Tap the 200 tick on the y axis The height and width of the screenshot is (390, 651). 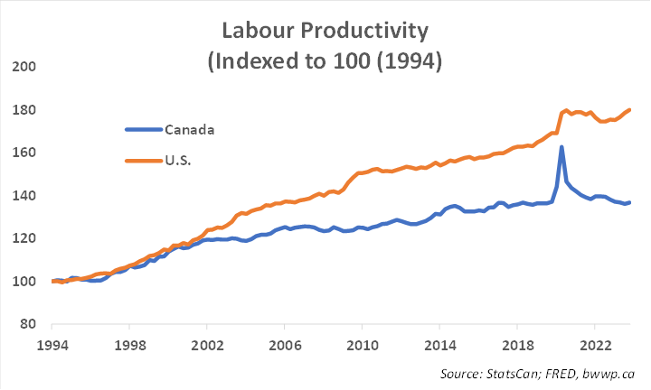click(x=24, y=67)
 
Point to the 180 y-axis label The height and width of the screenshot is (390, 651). click(x=24, y=110)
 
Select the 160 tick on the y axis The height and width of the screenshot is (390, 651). click(x=24, y=153)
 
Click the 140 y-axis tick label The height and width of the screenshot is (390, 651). click(x=24, y=196)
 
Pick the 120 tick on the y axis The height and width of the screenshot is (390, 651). click(x=24, y=238)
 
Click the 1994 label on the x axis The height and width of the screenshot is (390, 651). click(x=52, y=345)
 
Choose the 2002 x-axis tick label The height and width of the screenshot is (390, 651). click(x=207, y=345)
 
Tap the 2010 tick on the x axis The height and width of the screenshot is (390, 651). click(x=362, y=345)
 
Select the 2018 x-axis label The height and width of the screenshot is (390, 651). click(x=517, y=345)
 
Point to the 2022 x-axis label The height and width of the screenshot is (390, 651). click(x=594, y=345)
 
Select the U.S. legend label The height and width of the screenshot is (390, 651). click(x=180, y=160)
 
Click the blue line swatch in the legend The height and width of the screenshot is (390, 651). click(x=143, y=129)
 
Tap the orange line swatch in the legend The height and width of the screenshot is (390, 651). click(x=143, y=160)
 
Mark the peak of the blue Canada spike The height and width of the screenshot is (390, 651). click(x=561, y=147)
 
